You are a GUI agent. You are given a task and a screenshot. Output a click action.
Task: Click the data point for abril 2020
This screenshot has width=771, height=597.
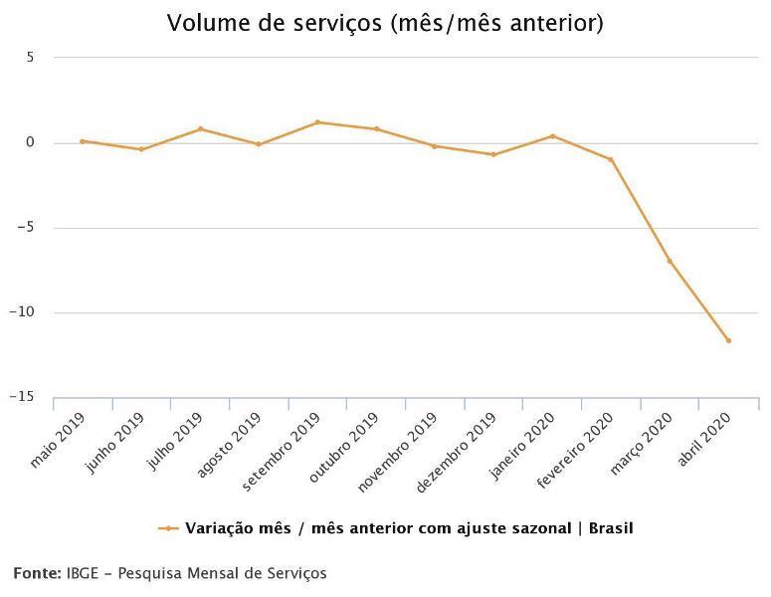coord(728,340)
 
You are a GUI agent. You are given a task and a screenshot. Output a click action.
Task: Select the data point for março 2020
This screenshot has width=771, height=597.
coord(670,261)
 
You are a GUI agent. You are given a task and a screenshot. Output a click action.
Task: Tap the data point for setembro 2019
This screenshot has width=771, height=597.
coord(317,122)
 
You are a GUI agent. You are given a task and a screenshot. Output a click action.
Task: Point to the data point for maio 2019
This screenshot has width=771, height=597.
coord(83,141)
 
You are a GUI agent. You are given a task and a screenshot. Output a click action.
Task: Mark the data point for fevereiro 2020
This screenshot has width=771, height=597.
coord(611,159)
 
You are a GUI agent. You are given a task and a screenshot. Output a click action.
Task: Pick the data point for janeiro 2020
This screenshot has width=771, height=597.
coord(552,136)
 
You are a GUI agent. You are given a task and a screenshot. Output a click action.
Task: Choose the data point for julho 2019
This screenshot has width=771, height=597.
coord(200,128)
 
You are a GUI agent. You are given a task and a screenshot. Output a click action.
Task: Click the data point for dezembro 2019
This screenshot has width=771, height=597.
coord(493,154)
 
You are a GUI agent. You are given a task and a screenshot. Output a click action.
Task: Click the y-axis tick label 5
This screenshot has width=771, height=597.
coord(30,58)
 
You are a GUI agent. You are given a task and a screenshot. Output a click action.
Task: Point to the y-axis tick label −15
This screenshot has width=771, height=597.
coord(21,398)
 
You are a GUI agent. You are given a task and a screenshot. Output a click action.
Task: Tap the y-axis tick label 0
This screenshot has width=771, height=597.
coord(30,142)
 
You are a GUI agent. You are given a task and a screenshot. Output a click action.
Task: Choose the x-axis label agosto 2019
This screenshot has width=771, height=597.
coord(230,449)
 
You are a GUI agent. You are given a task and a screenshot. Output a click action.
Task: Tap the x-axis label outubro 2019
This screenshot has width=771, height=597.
coord(343,449)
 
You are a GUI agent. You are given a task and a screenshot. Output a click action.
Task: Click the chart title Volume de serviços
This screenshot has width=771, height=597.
coord(385,22)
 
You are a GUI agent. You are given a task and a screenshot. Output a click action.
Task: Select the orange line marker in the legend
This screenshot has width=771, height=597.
coord(168,528)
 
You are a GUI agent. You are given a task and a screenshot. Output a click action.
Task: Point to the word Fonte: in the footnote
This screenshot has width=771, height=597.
coord(37,573)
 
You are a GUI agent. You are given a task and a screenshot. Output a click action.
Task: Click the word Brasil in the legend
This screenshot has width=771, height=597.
coord(610,528)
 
